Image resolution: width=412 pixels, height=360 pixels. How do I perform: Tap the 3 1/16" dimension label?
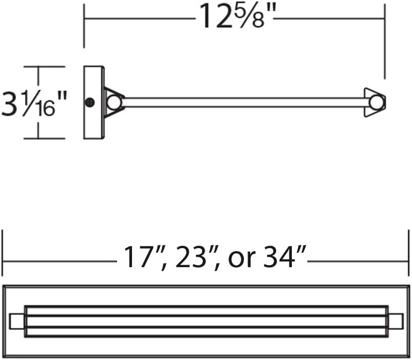point(34,104)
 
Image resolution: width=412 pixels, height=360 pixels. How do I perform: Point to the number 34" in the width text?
point(285,257)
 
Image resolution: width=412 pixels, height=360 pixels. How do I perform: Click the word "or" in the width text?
point(242,259)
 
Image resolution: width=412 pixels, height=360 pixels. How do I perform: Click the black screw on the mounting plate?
point(90,103)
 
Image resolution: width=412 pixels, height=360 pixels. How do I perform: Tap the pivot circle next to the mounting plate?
point(114,103)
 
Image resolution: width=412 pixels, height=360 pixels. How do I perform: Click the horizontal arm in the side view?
point(245,103)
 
